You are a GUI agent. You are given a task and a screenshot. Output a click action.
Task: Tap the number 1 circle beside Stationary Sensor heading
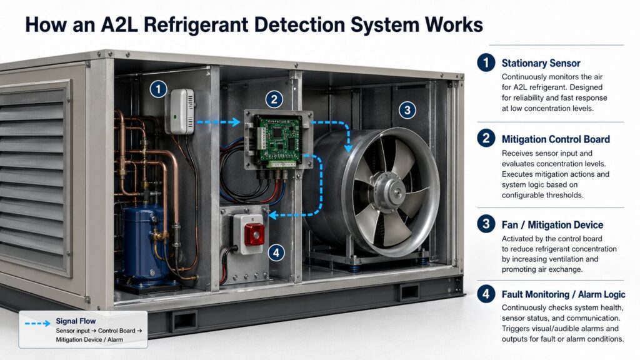point(485,62)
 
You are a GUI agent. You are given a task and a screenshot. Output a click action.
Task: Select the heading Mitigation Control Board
point(556,139)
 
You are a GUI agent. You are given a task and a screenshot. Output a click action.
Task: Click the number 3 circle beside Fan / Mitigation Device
point(485,224)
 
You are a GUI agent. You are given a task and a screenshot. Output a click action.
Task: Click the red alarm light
point(254,234)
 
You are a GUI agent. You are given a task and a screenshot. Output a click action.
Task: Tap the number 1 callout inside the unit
point(159,89)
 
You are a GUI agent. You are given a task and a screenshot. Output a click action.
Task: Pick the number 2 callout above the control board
point(274,99)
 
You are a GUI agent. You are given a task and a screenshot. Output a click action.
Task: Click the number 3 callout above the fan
point(406,111)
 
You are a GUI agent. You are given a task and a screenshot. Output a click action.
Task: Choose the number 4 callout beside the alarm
point(276,252)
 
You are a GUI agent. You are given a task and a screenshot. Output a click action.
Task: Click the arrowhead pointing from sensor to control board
point(237,122)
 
